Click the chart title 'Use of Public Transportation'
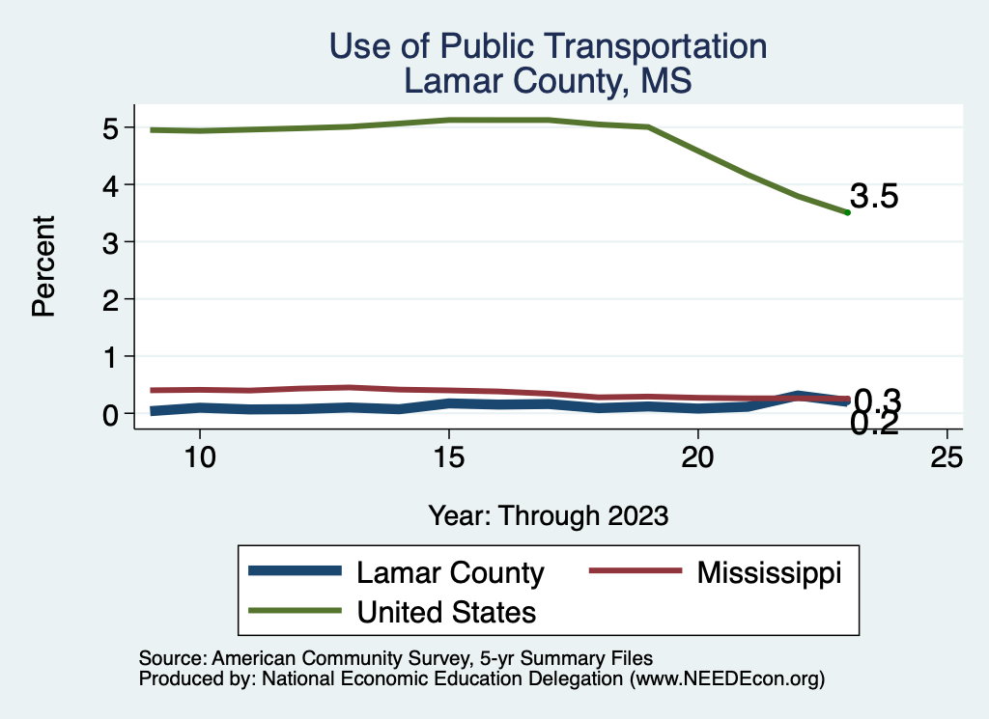coord(548,46)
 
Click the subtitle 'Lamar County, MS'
coord(548,81)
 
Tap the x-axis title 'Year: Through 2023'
coord(548,516)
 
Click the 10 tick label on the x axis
coord(199,456)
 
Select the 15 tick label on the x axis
coord(448,456)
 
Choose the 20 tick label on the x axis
coord(697,456)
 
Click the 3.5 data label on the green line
coord(874,197)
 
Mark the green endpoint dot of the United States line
coord(847,212)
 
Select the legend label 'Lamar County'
coord(450,573)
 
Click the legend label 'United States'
coord(446,611)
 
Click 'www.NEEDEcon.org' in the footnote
coord(725,679)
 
